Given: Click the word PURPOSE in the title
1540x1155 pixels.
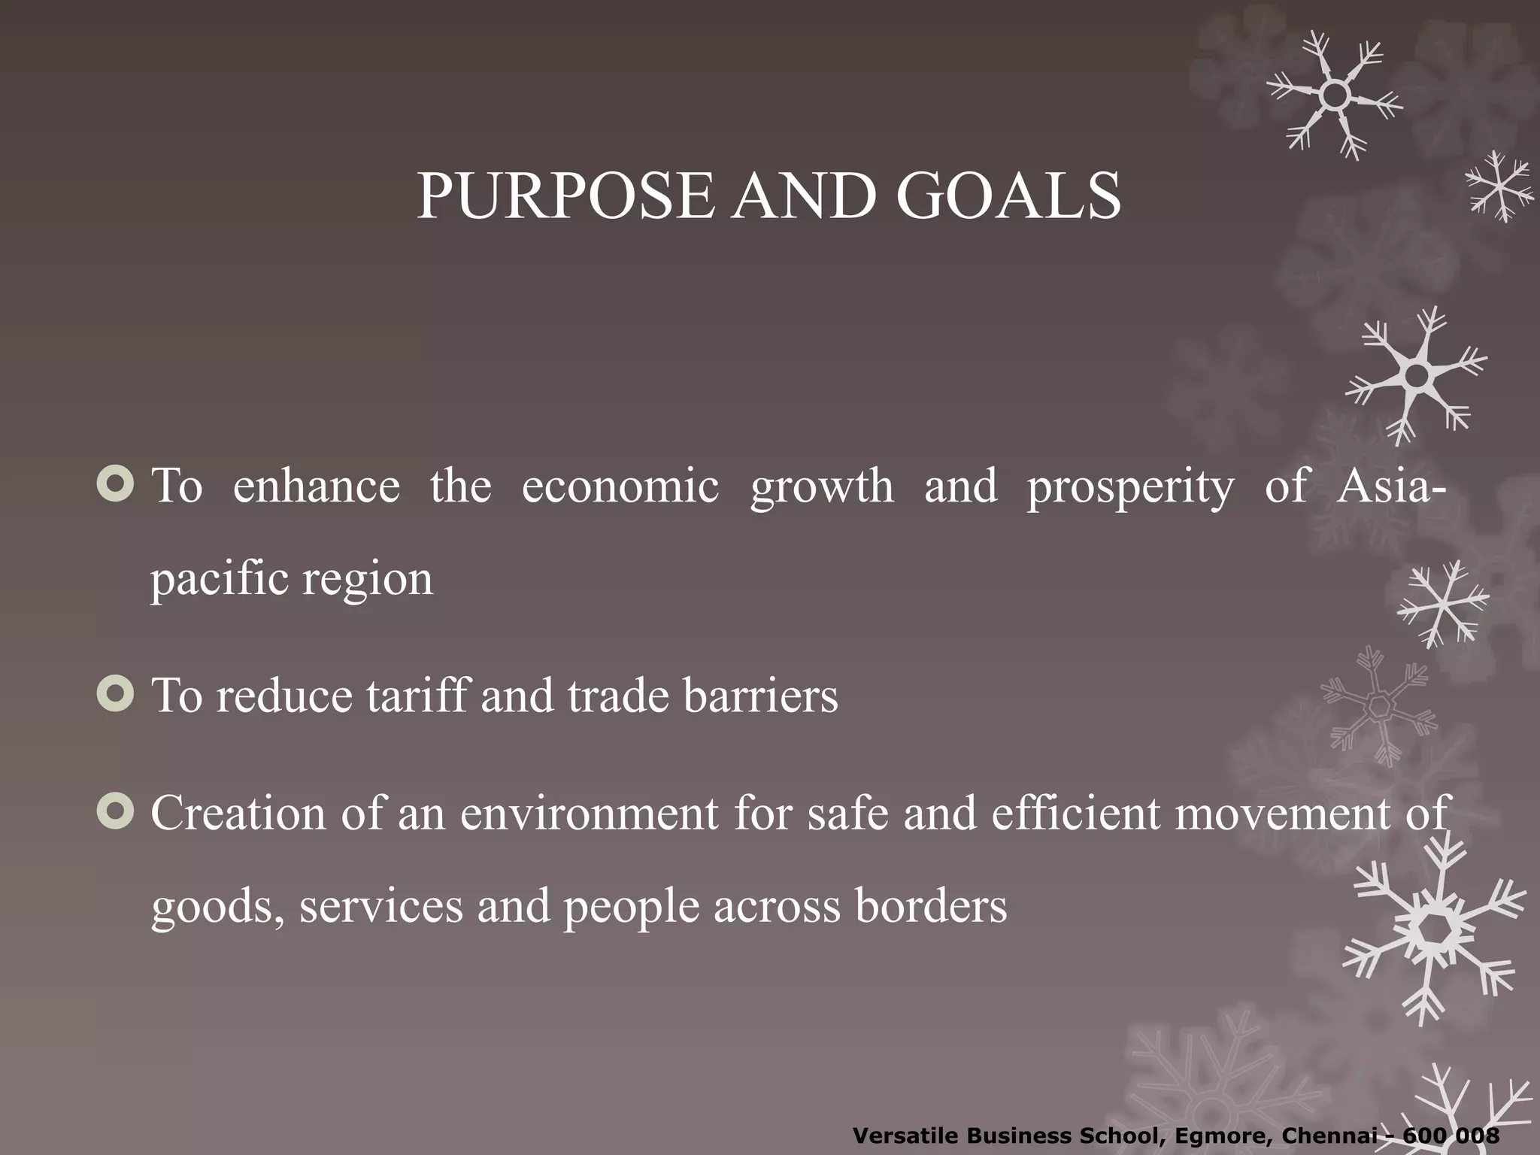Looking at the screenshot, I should [564, 196].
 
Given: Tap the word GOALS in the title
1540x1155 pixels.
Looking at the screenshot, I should [1008, 196].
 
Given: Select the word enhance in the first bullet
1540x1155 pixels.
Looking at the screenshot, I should [316, 487].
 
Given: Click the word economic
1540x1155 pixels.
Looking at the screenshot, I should [620, 487].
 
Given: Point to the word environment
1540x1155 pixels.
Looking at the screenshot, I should [589, 814].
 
